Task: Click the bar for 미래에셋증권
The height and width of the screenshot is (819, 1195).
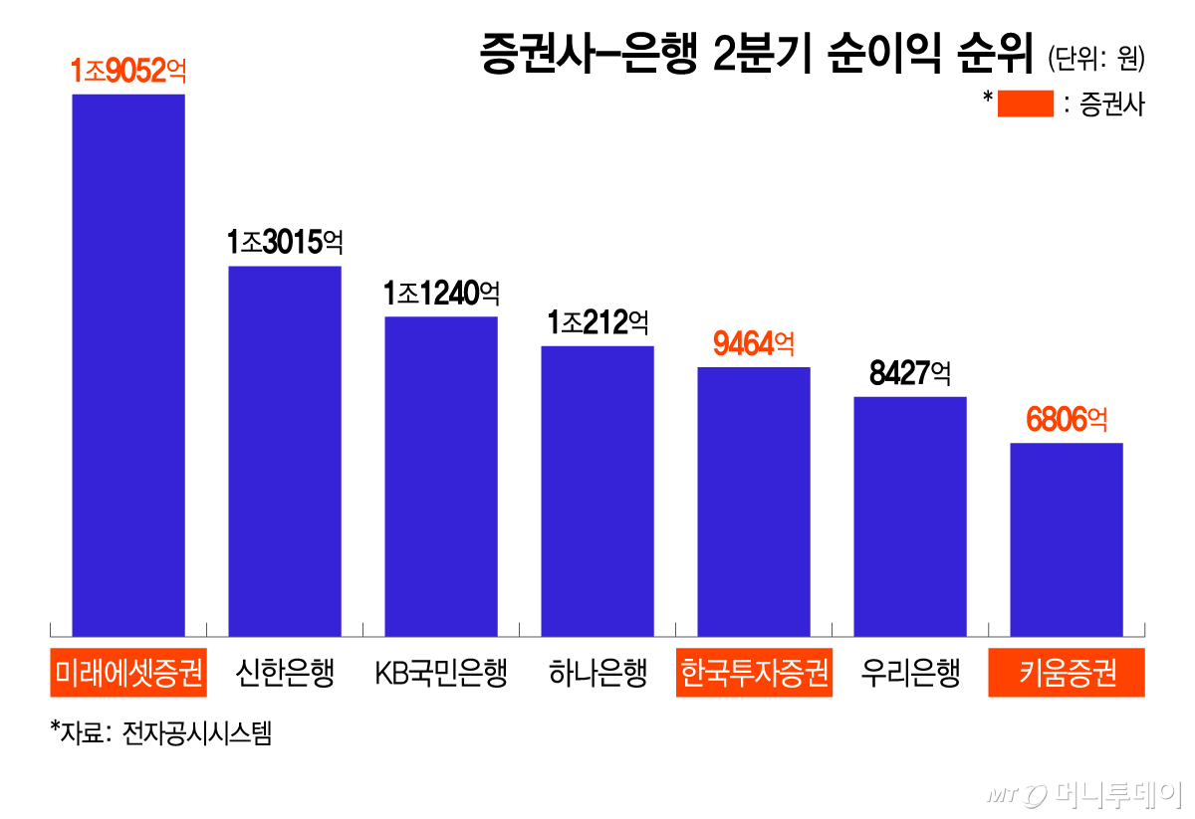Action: click(128, 365)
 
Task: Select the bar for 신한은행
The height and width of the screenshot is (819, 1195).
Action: click(285, 451)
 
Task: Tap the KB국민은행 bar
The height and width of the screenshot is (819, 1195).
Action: click(441, 477)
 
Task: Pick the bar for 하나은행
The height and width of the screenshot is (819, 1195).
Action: click(597, 491)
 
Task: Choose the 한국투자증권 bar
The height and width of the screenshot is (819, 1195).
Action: click(754, 502)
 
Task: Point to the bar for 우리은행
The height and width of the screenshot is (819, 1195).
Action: click(910, 516)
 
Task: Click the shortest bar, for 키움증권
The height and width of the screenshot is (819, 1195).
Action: click(1067, 539)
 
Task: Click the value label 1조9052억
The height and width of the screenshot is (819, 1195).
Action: click(128, 71)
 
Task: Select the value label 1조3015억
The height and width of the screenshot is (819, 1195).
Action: click(285, 242)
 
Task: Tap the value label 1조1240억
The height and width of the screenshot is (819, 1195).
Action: click(441, 294)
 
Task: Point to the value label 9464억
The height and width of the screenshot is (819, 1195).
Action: click(754, 343)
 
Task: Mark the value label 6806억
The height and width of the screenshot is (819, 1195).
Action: click(1067, 419)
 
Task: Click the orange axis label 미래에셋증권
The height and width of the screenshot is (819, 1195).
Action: click(128, 673)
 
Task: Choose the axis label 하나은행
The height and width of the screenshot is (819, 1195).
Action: click(597, 673)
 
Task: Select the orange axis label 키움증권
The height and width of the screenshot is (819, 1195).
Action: click(1067, 673)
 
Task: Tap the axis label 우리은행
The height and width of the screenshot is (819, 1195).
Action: click(910, 673)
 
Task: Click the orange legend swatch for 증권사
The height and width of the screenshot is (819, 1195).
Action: click(1026, 103)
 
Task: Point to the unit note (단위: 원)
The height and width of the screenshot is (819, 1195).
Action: click(1096, 58)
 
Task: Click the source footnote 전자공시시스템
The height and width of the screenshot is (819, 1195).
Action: click(197, 733)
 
